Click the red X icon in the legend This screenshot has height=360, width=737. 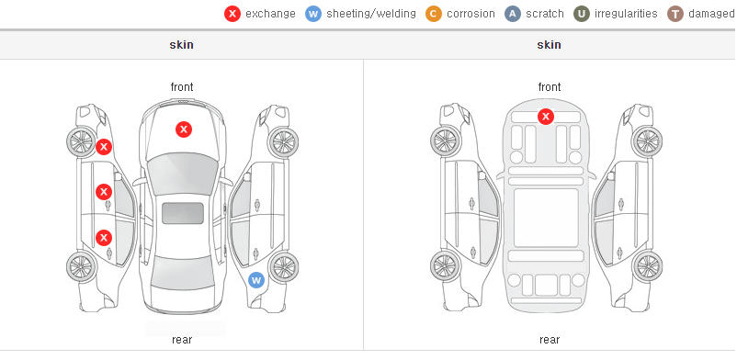click(x=232, y=14)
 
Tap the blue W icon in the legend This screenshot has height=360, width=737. click(x=313, y=14)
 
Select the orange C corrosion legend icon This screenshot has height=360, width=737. click(x=434, y=14)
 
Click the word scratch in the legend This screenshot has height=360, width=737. click(x=545, y=14)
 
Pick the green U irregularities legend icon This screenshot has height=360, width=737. click(x=582, y=14)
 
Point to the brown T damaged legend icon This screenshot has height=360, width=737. click(x=675, y=14)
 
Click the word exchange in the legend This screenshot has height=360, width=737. click(x=270, y=14)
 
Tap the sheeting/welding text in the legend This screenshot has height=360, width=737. click(x=371, y=14)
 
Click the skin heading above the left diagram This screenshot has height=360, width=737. click(x=181, y=45)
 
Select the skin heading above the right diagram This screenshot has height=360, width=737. click(x=549, y=45)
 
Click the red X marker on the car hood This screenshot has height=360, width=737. click(x=184, y=129)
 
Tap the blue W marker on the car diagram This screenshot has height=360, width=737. click(x=256, y=281)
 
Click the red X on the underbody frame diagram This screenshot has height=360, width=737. click(x=546, y=116)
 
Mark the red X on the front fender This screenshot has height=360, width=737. click(x=104, y=147)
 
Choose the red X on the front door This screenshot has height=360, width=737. click(x=104, y=192)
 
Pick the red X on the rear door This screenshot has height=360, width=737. click(x=104, y=237)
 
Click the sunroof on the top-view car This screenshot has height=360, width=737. click(x=183, y=213)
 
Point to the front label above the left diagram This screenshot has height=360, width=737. click(x=182, y=87)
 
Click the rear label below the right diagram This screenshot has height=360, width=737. click(x=550, y=340)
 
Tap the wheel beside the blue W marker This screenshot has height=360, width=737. click(x=283, y=267)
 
